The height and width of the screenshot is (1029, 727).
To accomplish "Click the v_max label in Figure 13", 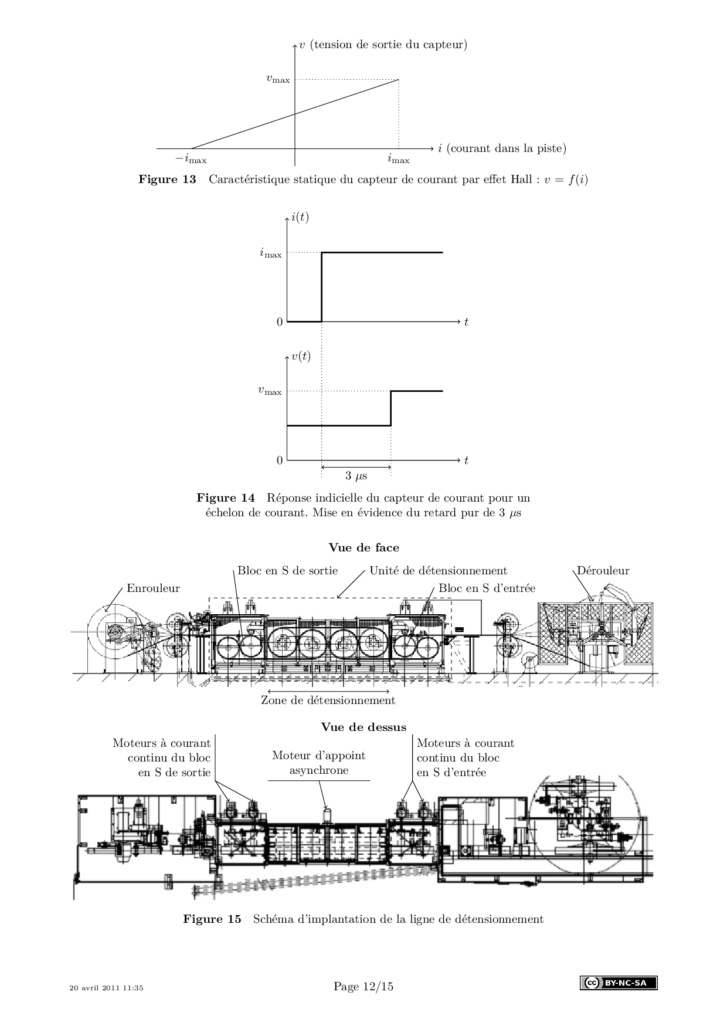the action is (278, 79).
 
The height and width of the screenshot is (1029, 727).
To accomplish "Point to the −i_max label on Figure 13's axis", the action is (191, 159).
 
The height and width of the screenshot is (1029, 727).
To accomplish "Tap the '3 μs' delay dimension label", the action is (356, 475).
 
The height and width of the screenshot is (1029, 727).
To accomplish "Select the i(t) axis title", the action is (300, 217).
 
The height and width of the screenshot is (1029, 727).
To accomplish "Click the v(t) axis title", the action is (301, 356).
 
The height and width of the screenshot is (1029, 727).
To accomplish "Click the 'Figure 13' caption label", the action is (167, 179).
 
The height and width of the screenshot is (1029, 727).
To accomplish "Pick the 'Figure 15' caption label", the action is (212, 919).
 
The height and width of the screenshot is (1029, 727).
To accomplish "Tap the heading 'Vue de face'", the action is (363, 547).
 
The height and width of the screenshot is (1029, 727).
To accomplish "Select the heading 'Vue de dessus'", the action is (363, 727).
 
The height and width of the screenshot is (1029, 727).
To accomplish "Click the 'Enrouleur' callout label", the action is (153, 588).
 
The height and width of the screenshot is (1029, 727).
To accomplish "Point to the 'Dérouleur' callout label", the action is (603, 570).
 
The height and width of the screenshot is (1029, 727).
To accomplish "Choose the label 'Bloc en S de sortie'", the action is (288, 570).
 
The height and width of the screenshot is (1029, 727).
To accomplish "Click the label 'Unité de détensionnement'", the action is (439, 570).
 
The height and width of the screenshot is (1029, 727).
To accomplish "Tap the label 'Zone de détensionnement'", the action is (328, 700).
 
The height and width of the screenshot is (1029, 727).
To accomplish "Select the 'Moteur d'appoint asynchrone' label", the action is (319, 763).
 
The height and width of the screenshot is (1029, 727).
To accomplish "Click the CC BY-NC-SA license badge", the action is (619, 983).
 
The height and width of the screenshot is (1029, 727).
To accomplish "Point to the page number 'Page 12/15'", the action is (363, 986).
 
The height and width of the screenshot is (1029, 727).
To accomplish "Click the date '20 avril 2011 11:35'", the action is (106, 987).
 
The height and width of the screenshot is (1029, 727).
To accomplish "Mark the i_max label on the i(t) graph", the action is (271, 254).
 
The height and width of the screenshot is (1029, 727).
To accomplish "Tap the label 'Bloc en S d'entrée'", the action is (487, 588).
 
